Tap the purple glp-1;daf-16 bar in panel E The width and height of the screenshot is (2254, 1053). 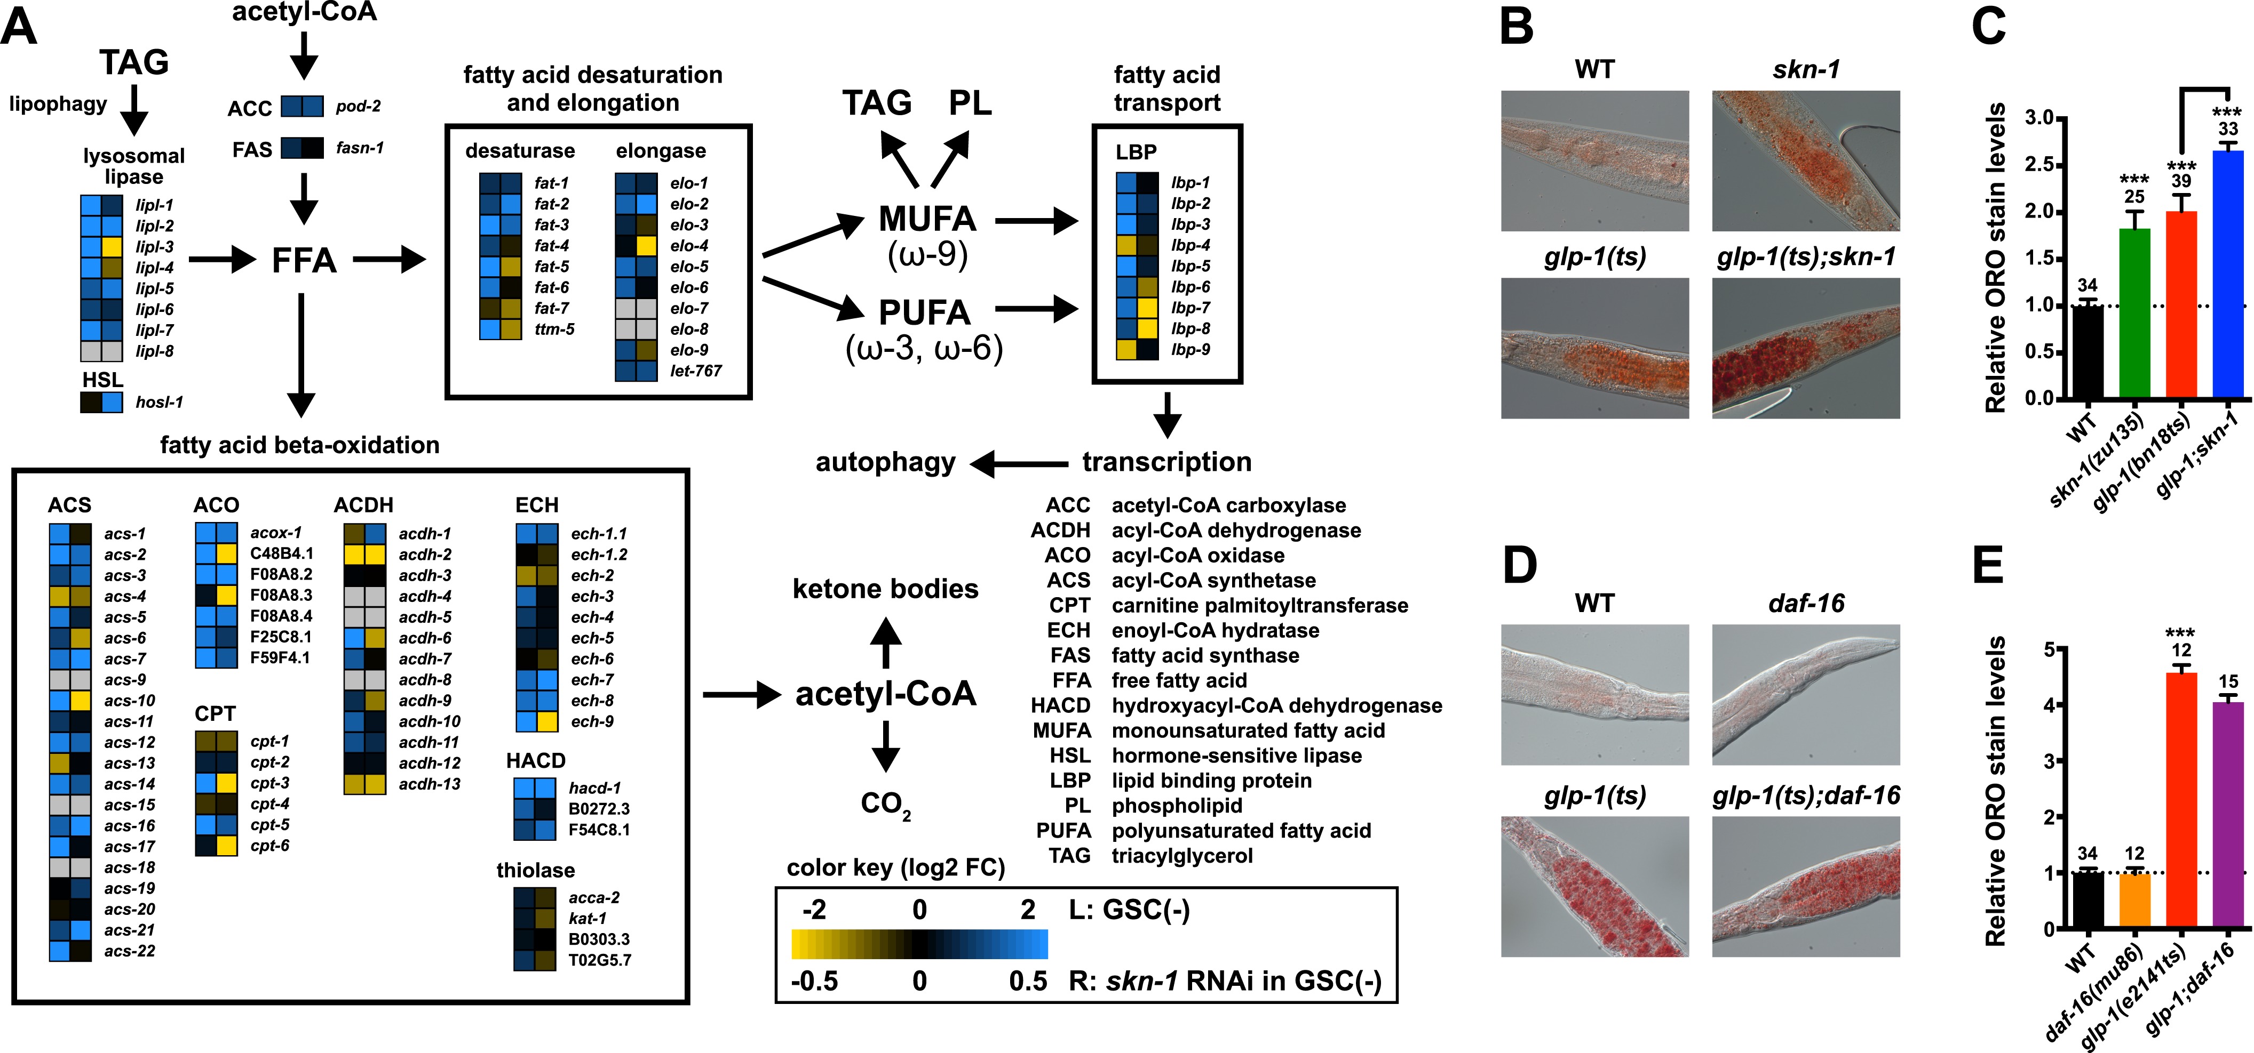pos(2228,814)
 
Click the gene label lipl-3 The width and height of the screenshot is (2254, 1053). pos(154,247)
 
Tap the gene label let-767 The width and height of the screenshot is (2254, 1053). pos(696,371)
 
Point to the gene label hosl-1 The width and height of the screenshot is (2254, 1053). pos(159,403)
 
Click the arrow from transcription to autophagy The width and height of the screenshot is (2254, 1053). pos(1019,463)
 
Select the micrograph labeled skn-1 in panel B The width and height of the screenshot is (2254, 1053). pos(1806,161)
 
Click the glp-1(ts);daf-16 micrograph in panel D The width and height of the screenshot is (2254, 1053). pos(1806,886)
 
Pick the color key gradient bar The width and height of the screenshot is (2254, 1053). pos(919,945)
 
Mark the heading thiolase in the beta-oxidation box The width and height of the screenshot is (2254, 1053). pos(536,870)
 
